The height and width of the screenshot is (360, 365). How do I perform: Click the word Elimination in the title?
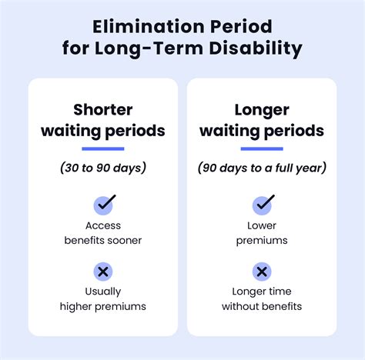pyautogui.click(x=149, y=26)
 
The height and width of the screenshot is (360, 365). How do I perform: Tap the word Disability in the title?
pyautogui.click(x=256, y=48)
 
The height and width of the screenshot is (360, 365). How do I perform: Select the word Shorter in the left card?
pyautogui.click(x=103, y=110)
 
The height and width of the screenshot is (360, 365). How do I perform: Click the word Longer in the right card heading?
pyautogui.click(x=262, y=111)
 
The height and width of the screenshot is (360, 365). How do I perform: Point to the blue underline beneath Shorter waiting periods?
pyautogui.click(x=103, y=148)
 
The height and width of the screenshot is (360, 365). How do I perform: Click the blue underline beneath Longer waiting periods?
pyautogui.click(x=262, y=148)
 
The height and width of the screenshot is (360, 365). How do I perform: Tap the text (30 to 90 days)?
pyautogui.click(x=103, y=168)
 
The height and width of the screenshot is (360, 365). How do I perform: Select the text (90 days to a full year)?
pyautogui.click(x=262, y=168)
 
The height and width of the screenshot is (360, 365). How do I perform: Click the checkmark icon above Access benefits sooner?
pyautogui.click(x=104, y=205)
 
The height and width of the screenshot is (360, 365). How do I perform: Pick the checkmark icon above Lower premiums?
pyautogui.click(x=263, y=205)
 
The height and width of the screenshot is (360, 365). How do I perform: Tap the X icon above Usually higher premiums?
pyautogui.click(x=103, y=272)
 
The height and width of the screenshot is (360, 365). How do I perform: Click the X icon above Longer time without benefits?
pyautogui.click(x=262, y=272)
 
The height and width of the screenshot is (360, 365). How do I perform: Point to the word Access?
pyautogui.click(x=103, y=225)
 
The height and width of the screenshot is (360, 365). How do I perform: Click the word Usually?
pyautogui.click(x=103, y=292)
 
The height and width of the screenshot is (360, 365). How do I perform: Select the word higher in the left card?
pyautogui.click(x=76, y=307)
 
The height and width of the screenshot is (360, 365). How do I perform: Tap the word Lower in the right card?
pyautogui.click(x=262, y=225)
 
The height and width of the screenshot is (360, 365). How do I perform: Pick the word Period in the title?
pyautogui.click(x=241, y=26)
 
